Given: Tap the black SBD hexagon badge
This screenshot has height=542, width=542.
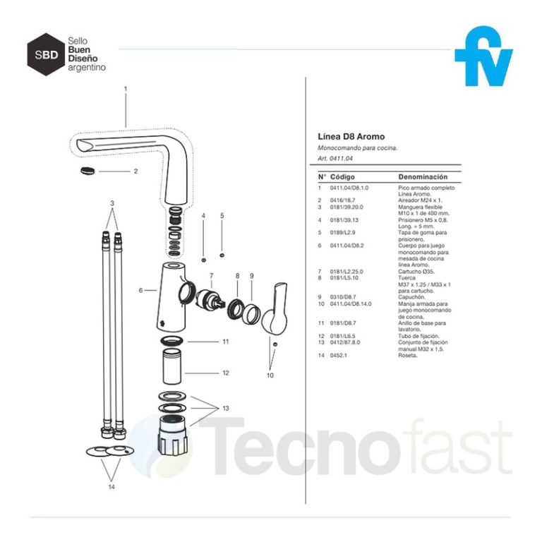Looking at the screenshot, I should pyautogui.click(x=45, y=54).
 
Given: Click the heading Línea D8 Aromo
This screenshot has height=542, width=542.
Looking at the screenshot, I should pyautogui.click(x=351, y=136).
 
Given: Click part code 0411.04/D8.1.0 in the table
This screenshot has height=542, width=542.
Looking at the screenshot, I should pyautogui.click(x=349, y=188).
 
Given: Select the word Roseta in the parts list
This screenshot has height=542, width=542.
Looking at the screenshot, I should pyautogui.click(x=409, y=356).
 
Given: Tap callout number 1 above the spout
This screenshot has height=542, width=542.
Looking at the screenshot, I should pyautogui.click(x=125, y=89).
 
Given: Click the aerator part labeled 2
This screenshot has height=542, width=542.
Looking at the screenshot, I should pyautogui.click(x=87, y=170).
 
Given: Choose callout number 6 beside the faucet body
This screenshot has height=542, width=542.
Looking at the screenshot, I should pyautogui.click(x=142, y=290).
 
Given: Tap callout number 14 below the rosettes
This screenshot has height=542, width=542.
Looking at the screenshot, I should pyautogui.click(x=111, y=486).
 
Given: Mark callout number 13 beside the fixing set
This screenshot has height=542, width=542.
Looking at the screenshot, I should pyautogui.click(x=225, y=409).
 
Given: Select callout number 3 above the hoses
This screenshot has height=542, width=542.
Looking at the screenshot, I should pyautogui.click(x=112, y=203).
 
